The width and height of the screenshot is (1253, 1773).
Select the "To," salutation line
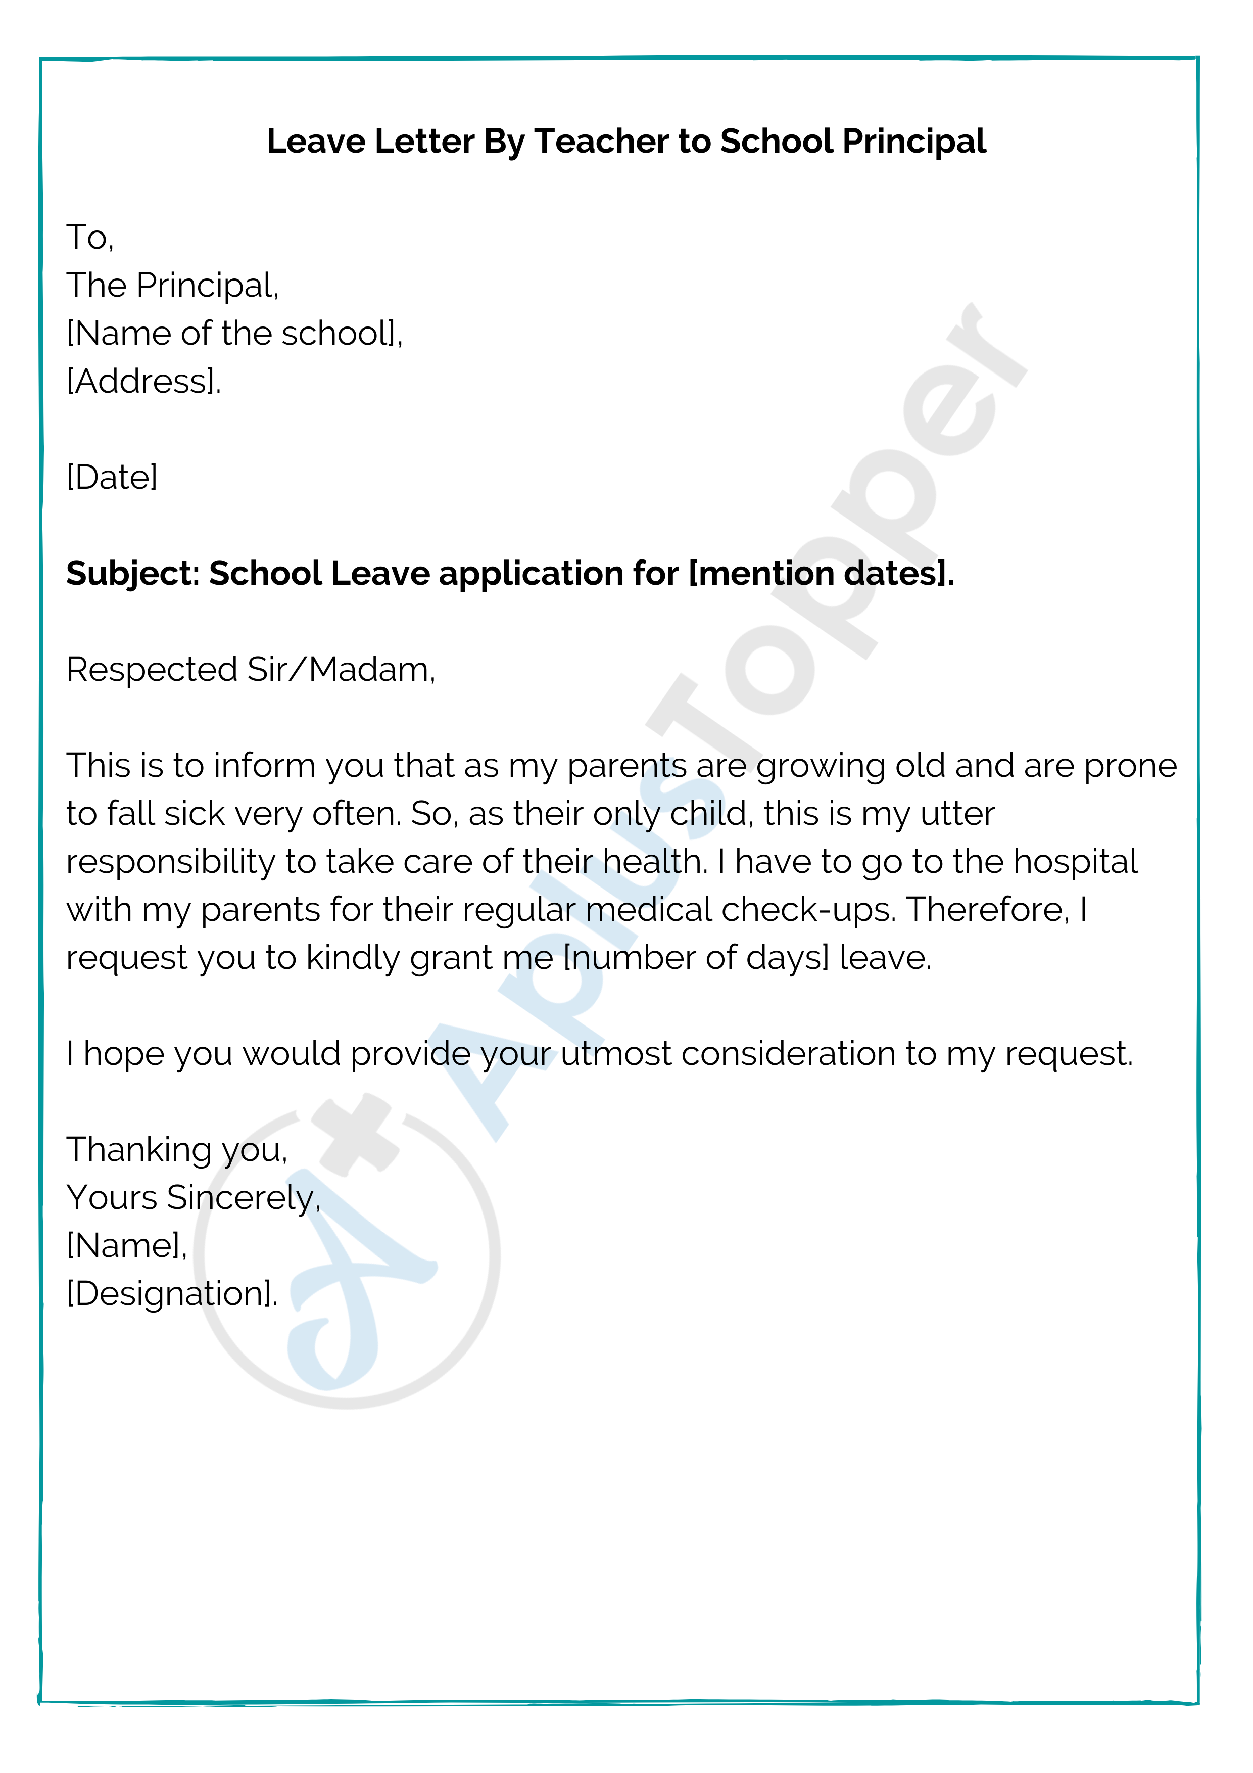pyautogui.click(x=90, y=237)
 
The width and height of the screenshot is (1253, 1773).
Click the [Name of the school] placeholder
pyautogui.click(x=234, y=334)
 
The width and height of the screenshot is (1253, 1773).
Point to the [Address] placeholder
pyautogui.click(x=143, y=382)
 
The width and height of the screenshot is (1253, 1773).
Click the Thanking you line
pyautogui.click(x=177, y=1151)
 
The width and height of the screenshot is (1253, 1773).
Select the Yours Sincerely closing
pyautogui.click(x=193, y=1198)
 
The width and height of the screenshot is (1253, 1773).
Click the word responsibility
pyautogui.click(x=170, y=862)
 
